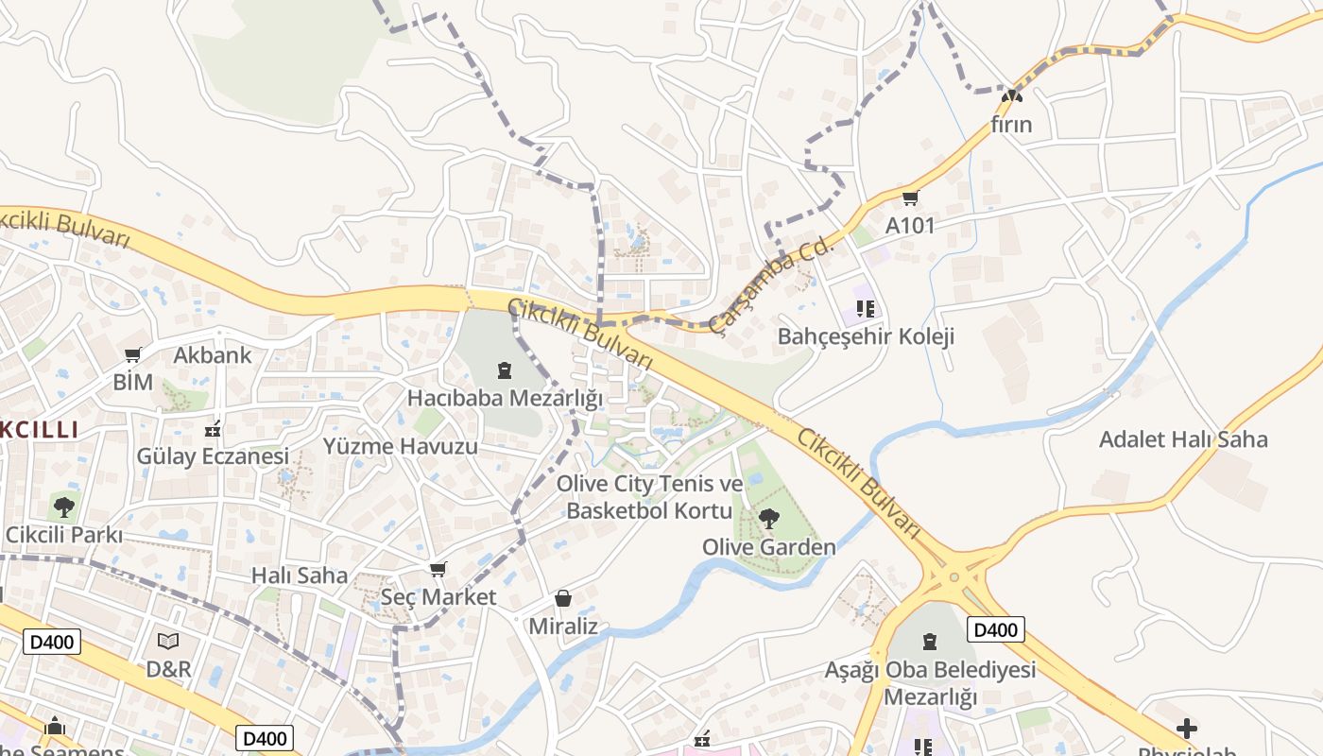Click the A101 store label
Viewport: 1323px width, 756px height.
pyautogui.click(x=909, y=226)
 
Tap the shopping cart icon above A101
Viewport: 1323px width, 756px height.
pyautogui.click(x=910, y=198)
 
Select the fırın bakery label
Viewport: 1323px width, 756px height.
pyautogui.click(x=1011, y=125)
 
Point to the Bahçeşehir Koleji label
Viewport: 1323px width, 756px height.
pyautogui.click(x=866, y=336)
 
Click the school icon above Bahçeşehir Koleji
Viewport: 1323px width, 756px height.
pyautogui.click(x=866, y=308)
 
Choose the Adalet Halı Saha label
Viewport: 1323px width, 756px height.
pyautogui.click(x=1182, y=439)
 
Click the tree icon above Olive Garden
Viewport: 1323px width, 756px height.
pyautogui.click(x=769, y=518)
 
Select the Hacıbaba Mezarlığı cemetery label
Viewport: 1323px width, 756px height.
pyautogui.click(x=505, y=398)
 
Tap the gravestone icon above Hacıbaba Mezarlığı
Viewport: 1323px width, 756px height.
pyautogui.click(x=504, y=369)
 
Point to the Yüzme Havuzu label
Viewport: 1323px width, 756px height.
pyautogui.click(x=401, y=446)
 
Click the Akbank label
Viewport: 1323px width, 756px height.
pyautogui.click(x=213, y=355)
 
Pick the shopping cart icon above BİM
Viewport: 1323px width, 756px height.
pyautogui.click(x=133, y=355)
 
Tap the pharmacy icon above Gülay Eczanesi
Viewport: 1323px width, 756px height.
pyautogui.click(x=213, y=428)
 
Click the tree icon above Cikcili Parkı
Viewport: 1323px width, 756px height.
pyautogui.click(x=64, y=507)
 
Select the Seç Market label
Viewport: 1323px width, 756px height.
pyautogui.click(x=438, y=597)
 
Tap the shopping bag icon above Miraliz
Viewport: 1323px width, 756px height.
pyautogui.click(x=563, y=598)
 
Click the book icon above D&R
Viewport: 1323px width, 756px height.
pyautogui.click(x=168, y=641)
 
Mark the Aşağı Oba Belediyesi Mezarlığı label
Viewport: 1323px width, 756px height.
pyautogui.click(x=930, y=683)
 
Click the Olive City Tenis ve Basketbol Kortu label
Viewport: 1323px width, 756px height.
pyautogui.click(x=649, y=497)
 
